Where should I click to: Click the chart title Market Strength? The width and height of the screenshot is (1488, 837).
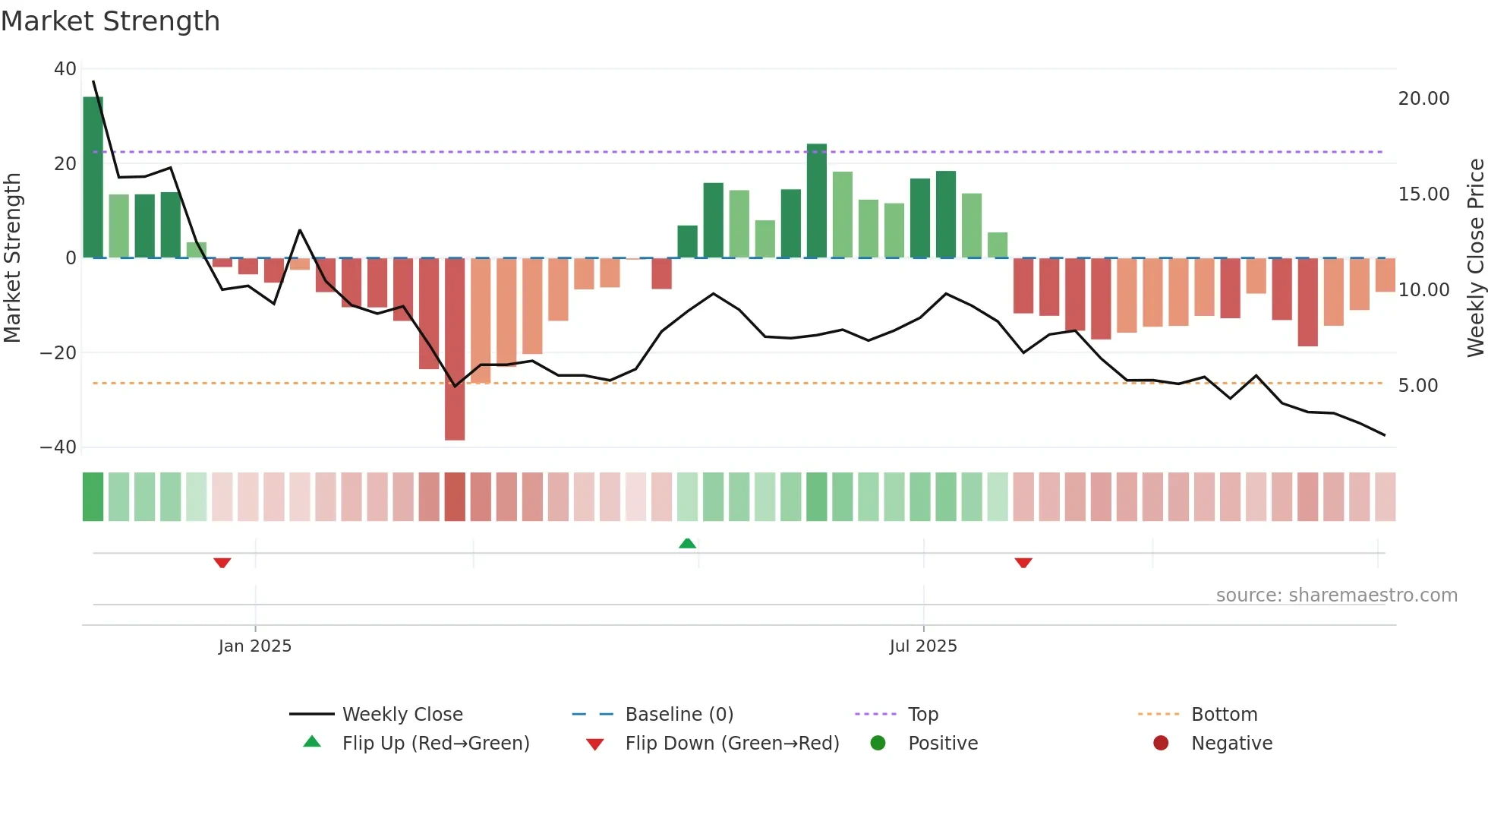(110, 21)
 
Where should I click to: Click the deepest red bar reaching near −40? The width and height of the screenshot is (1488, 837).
(455, 349)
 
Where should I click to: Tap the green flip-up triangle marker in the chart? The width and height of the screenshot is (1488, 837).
(687, 543)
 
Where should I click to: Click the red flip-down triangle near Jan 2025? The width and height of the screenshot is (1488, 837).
(222, 563)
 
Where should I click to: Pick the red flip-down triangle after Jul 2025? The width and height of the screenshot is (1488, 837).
(1023, 563)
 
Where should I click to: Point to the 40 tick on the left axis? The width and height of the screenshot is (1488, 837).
(65, 69)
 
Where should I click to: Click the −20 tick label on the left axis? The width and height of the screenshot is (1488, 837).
(58, 353)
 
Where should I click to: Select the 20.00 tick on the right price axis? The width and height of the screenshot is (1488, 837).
(1423, 99)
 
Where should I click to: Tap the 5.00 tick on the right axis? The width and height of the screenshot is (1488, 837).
(1418, 386)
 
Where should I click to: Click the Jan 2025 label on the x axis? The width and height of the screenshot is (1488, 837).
(255, 646)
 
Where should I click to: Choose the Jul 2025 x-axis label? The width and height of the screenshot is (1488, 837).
(923, 646)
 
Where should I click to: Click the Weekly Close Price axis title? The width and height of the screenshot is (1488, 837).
(1475, 258)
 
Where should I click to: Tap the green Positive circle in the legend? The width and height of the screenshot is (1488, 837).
(878, 744)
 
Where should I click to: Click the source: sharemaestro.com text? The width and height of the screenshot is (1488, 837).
(1336, 595)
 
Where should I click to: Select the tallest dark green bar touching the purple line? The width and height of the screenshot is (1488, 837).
(817, 201)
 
